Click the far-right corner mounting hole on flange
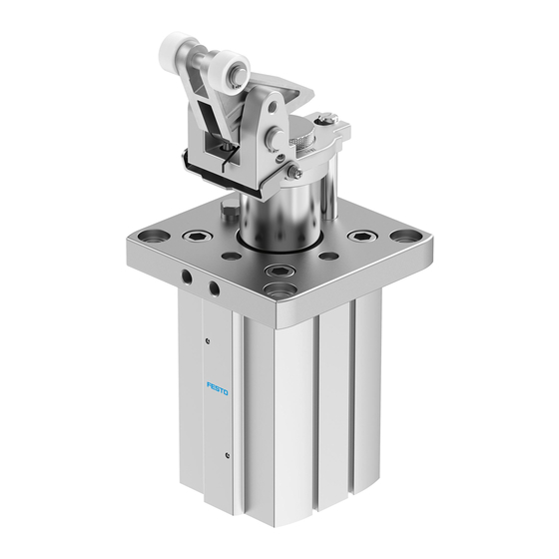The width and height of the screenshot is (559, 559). [405, 237]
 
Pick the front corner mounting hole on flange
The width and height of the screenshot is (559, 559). [281, 290]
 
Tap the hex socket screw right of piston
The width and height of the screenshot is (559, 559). [360, 238]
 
